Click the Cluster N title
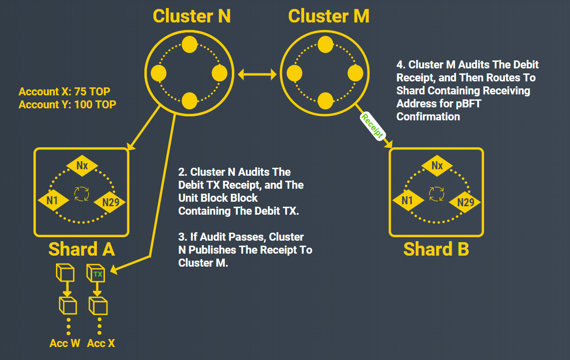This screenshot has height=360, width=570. [x=191, y=16]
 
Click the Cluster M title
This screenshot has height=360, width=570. [x=328, y=16]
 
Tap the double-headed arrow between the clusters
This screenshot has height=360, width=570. [x=257, y=75]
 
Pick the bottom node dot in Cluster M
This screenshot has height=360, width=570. [x=325, y=101]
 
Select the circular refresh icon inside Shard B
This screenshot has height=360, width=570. [x=437, y=194]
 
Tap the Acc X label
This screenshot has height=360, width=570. [x=100, y=344]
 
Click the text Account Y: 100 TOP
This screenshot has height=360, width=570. [x=64, y=105]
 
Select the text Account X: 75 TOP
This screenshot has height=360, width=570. [x=64, y=92]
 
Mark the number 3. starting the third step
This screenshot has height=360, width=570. [x=182, y=237]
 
